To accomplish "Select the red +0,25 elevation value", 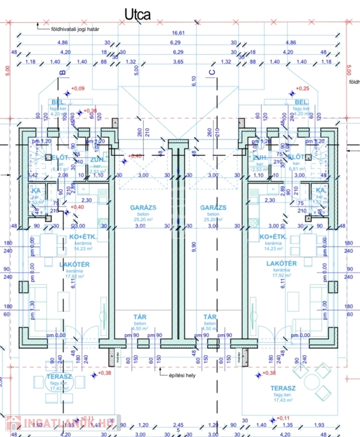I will [303, 88].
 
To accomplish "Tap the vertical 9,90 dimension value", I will [193, 246].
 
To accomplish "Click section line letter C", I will [212, 72].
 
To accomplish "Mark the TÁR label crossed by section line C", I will [211, 317].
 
